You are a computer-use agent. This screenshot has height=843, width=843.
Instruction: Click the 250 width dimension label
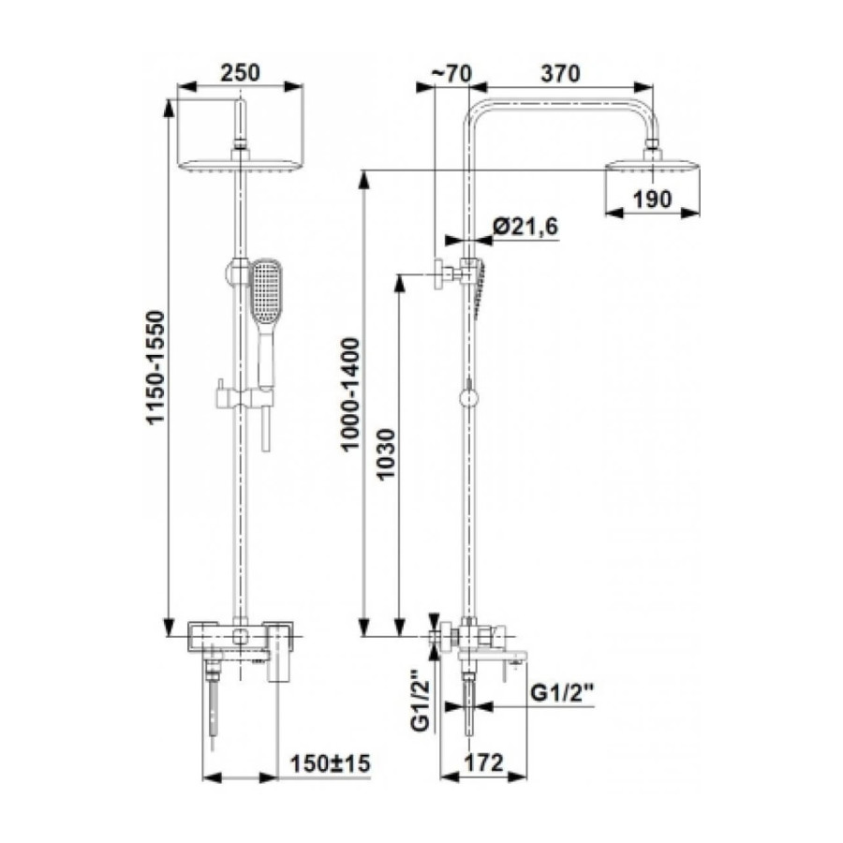[240, 72]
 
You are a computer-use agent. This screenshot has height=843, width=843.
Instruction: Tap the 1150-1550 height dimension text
[157, 368]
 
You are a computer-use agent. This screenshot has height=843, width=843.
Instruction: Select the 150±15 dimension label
[331, 763]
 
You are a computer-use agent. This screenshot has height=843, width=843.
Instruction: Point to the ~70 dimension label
[451, 74]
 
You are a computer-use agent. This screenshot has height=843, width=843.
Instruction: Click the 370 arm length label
[561, 74]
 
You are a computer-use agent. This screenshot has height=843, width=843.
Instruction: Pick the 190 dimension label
[652, 200]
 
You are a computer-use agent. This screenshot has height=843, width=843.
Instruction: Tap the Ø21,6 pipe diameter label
[525, 227]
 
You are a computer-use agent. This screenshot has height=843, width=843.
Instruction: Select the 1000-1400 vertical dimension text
[350, 394]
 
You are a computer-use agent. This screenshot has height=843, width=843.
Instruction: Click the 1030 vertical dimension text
[386, 454]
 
